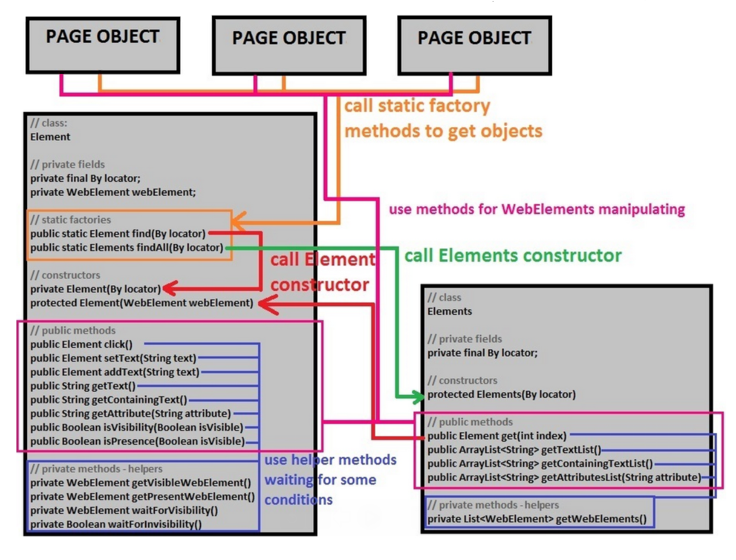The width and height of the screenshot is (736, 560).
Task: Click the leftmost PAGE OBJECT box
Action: pyautogui.click(x=103, y=45)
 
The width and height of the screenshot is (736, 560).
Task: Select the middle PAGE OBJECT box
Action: pyautogui.click(x=289, y=46)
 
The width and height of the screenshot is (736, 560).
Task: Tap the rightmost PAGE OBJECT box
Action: pyautogui.click(x=474, y=46)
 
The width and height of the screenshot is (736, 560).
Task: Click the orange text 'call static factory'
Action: pyautogui.click(x=417, y=106)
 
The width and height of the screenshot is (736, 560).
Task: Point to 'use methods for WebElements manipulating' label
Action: pyautogui.click(x=537, y=209)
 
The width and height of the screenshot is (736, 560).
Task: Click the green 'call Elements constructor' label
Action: pyautogui.click(x=512, y=256)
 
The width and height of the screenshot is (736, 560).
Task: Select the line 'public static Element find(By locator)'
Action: pyautogui.click(x=118, y=234)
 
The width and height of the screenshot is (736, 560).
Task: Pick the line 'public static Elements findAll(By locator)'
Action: pyautogui.click(x=127, y=248)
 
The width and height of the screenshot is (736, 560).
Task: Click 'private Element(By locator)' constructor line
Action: pyautogui.click(x=95, y=289)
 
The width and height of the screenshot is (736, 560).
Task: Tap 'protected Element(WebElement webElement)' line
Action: pyautogui.click(x=142, y=303)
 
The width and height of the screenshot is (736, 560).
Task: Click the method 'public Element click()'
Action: pyautogui.click(x=81, y=345)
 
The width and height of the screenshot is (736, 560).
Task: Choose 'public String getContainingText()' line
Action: pyautogui.click(x=109, y=400)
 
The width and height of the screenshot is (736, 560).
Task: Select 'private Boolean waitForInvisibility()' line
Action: pyautogui.click(x=116, y=524)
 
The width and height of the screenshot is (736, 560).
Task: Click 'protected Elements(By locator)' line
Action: pyautogui.click(x=501, y=394)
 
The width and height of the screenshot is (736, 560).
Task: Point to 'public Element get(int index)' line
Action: pyautogui.click(x=497, y=436)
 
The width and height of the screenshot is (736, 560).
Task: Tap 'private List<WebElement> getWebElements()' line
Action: pyautogui.click(x=537, y=518)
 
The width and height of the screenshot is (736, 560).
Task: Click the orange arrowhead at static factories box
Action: pyautogui.click(x=237, y=220)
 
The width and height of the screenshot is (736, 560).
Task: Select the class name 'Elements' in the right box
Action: pyautogui.click(x=449, y=312)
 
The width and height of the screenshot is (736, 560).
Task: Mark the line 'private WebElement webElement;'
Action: pyautogui.click(x=113, y=192)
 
